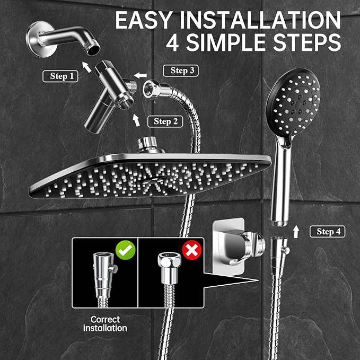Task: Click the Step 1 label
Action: click(x=62, y=76)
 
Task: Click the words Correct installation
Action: click(x=105, y=323)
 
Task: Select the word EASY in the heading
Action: click(x=142, y=21)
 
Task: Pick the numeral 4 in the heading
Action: click(x=173, y=42)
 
